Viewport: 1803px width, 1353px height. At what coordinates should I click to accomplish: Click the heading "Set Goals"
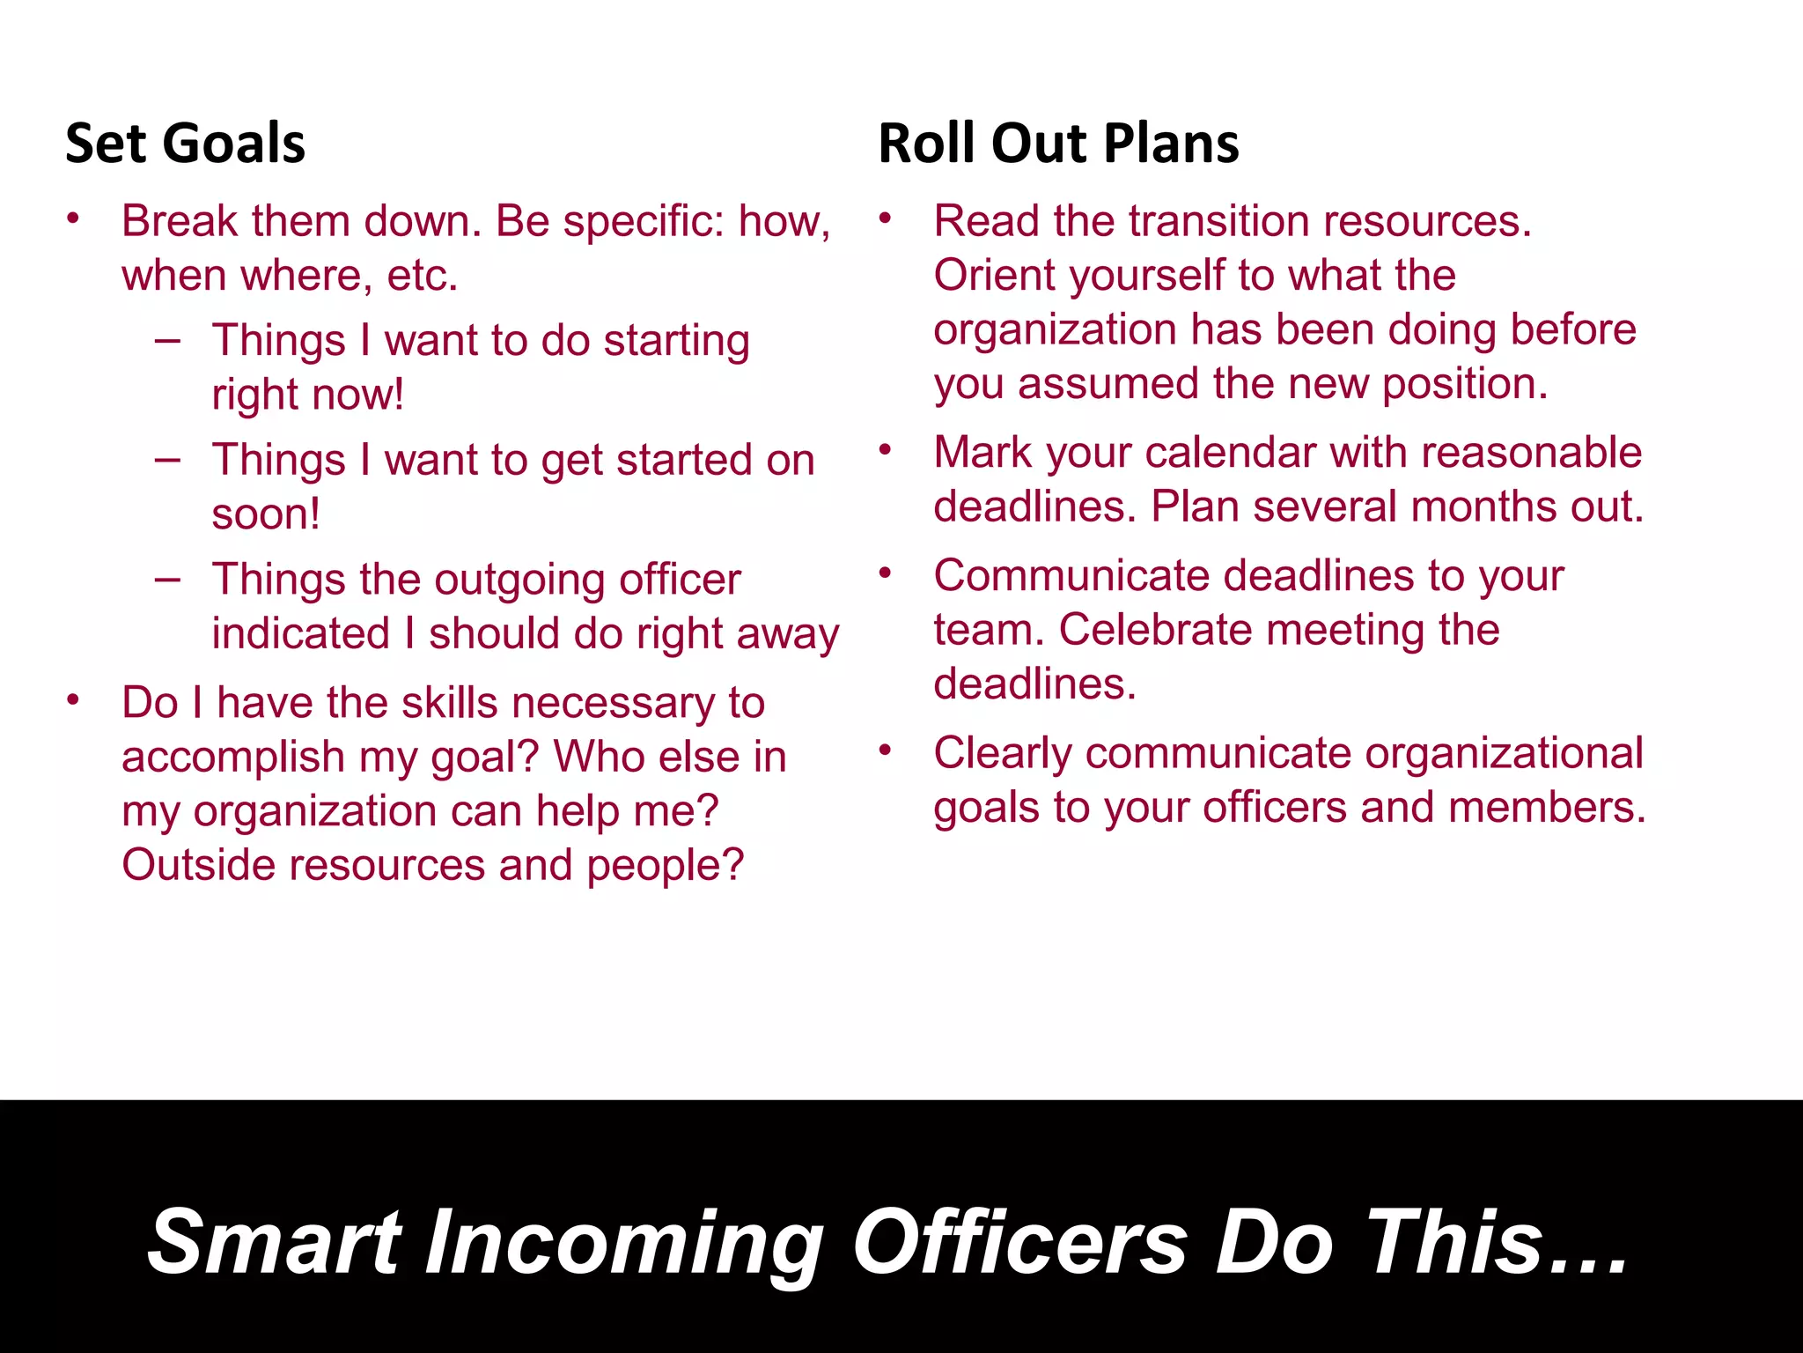[185, 144]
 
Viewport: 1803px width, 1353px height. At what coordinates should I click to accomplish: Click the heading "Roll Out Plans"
[1058, 144]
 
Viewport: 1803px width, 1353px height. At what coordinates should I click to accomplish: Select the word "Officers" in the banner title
[1020, 1242]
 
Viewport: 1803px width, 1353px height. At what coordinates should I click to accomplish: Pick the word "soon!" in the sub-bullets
[266, 514]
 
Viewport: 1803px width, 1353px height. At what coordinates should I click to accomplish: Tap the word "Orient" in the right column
[992, 276]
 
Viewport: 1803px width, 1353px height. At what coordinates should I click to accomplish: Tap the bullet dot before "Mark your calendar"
[886, 451]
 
